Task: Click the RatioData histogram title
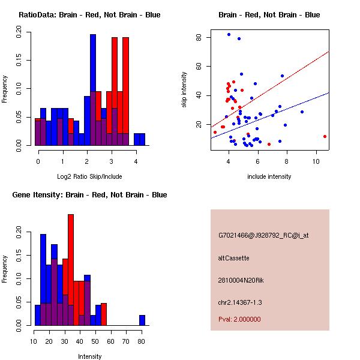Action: (x=89, y=14)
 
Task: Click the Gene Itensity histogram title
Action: (x=89, y=194)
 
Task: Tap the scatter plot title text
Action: (x=269, y=14)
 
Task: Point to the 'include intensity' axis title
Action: (x=269, y=176)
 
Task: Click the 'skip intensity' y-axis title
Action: (x=184, y=89)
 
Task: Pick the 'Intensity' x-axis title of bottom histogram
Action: (x=89, y=356)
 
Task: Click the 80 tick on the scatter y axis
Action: (x=199, y=38)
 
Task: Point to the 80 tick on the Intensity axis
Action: (x=141, y=342)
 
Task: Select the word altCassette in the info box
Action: (x=233, y=258)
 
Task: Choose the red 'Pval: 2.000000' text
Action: (x=239, y=319)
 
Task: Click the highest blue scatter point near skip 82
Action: (x=229, y=35)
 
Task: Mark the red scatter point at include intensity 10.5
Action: (x=325, y=136)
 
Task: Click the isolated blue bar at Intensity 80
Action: (x=142, y=320)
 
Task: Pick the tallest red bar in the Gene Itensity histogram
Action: (x=71, y=270)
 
